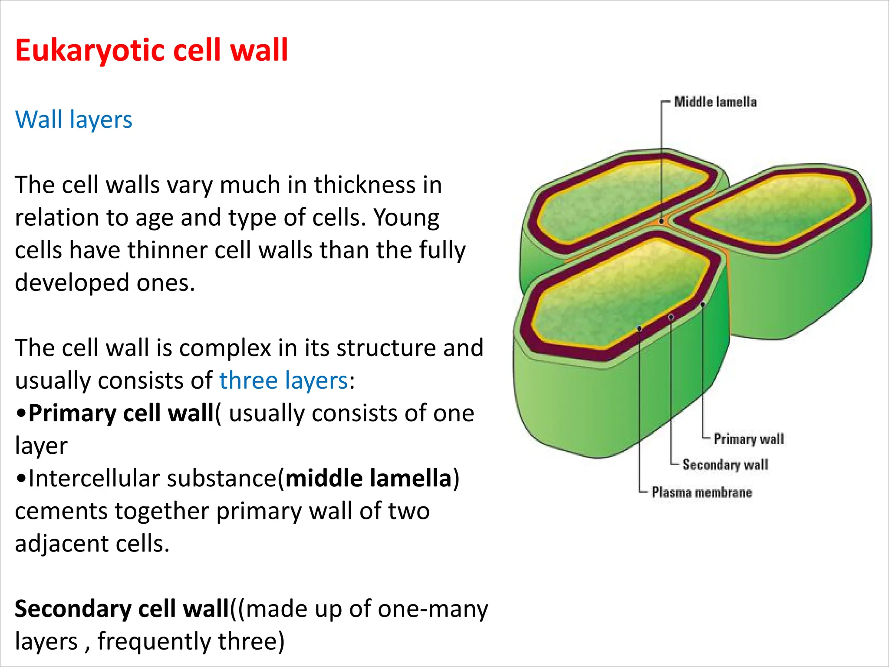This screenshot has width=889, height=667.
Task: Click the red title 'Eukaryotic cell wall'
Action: (151, 50)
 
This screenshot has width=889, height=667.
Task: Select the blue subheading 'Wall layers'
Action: (73, 119)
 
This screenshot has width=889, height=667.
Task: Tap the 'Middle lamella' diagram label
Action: (715, 102)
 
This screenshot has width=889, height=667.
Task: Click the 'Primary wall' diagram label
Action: (749, 439)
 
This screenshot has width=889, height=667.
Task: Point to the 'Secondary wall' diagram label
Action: (725, 465)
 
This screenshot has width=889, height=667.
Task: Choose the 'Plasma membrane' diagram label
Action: (701, 492)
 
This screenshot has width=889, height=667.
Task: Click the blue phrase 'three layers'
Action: (283, 380)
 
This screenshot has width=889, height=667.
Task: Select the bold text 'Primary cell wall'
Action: (121, 413)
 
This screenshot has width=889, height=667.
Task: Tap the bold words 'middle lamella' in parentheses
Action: (369, 478)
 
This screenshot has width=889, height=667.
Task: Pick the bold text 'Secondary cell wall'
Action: (122, 608)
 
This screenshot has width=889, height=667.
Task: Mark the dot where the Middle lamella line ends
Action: (662, 221)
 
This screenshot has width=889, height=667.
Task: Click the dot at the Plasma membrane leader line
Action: (639, 329)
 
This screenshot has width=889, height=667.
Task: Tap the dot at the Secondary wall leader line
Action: (671, 317)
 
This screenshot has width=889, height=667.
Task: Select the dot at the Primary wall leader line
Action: (703, 304)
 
